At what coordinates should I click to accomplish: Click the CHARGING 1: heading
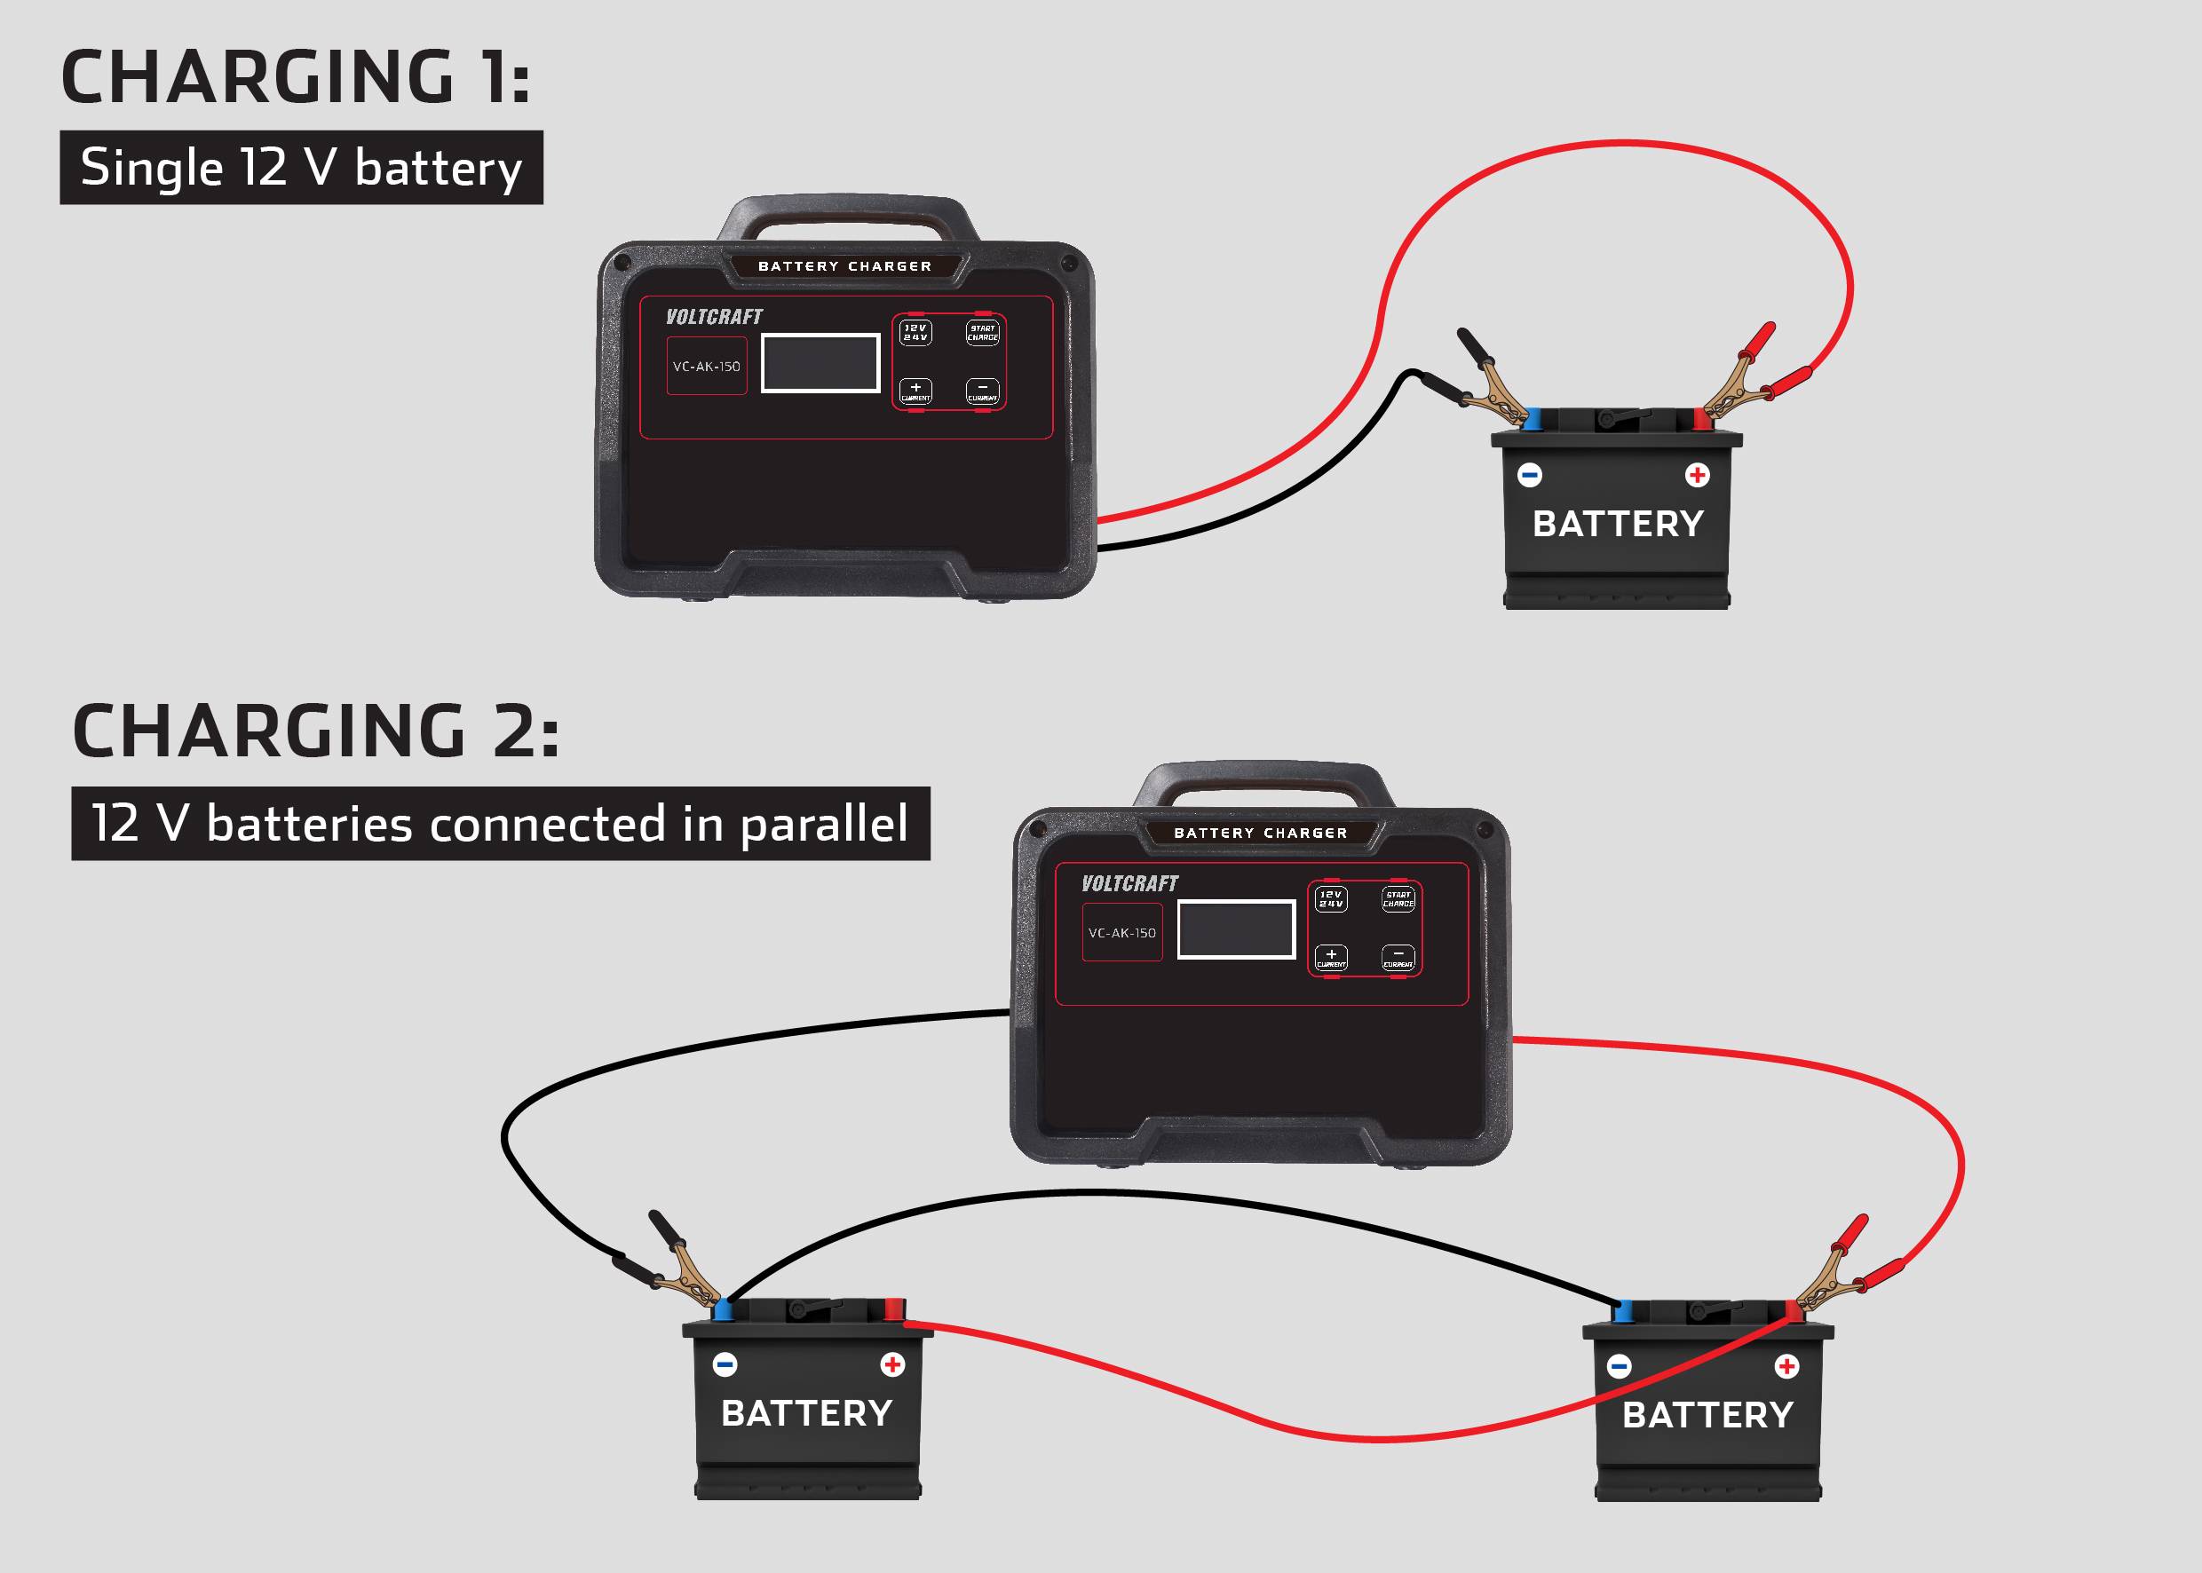pos(296,77)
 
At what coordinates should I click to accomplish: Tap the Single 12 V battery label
pos(301,168)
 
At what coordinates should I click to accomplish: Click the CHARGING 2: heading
pos(316,731)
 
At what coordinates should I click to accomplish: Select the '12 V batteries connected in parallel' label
pos(500,823)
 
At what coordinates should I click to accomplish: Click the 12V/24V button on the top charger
pos(915,332)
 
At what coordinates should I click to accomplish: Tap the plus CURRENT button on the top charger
pos(915,391)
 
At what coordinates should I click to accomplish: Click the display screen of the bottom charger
pos(1236,929)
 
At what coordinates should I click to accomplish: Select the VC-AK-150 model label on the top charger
pos(706,366)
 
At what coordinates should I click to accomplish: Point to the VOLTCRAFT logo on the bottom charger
pos(1129,883)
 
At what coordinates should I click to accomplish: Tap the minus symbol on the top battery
pos(1530,475)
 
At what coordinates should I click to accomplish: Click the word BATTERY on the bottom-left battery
pos(807,1413)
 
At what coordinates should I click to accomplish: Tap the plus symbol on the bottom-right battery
pos(1786,1365)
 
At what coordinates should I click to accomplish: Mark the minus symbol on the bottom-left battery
pos(725,1364)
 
